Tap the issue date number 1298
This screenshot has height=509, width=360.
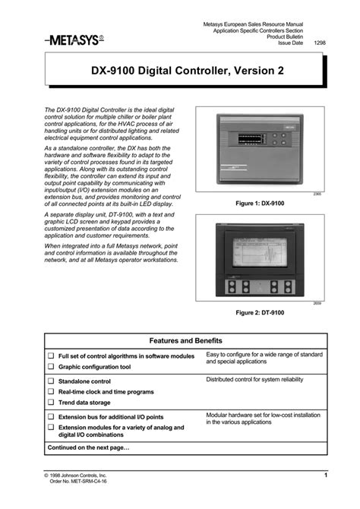pos(319,43)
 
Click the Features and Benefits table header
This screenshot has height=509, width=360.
pos(185,341)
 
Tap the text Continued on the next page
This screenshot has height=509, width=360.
pos(88,447)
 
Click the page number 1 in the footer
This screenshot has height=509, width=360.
pos(325,475)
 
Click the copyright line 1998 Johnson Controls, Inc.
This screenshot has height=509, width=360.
pos(74,475)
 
